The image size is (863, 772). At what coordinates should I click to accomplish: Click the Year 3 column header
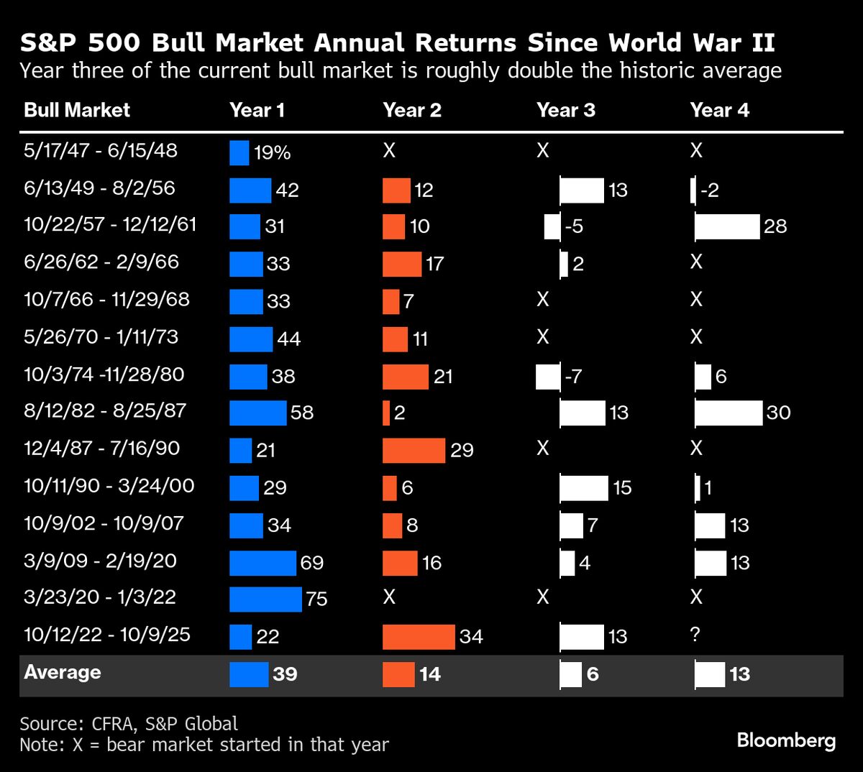tap(566, 110)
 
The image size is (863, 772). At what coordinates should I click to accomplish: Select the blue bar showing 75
tap(265, 599)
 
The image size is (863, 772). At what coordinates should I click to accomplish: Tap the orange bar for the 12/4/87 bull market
tap(414, 450)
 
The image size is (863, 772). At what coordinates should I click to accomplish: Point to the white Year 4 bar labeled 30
tap(728, 413)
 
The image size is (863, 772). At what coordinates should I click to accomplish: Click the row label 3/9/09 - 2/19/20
tap(100, 561)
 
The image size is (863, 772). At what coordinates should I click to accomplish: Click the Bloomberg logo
tap(786, 740)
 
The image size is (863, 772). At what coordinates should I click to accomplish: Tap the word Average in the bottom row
tap(63, 673)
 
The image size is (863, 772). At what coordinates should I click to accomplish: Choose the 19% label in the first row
tap(272, 152)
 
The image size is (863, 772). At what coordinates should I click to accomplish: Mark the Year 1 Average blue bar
tap(249, 674)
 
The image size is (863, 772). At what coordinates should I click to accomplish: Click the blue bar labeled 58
tap(257, 413)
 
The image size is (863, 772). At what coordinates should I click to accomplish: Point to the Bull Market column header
tap(77, 110)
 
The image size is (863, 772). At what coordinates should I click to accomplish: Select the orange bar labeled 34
tap(419, 637)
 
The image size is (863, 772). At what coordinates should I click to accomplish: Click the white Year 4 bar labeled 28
tap(727, 226)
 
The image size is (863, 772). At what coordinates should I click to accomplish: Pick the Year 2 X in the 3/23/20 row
tap(389, 597)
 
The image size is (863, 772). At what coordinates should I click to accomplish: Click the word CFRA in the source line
tap(114, 723)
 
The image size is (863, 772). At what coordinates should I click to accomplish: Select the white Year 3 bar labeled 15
tap(584, 488)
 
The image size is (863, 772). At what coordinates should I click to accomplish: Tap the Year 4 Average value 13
tap(739, 674)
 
